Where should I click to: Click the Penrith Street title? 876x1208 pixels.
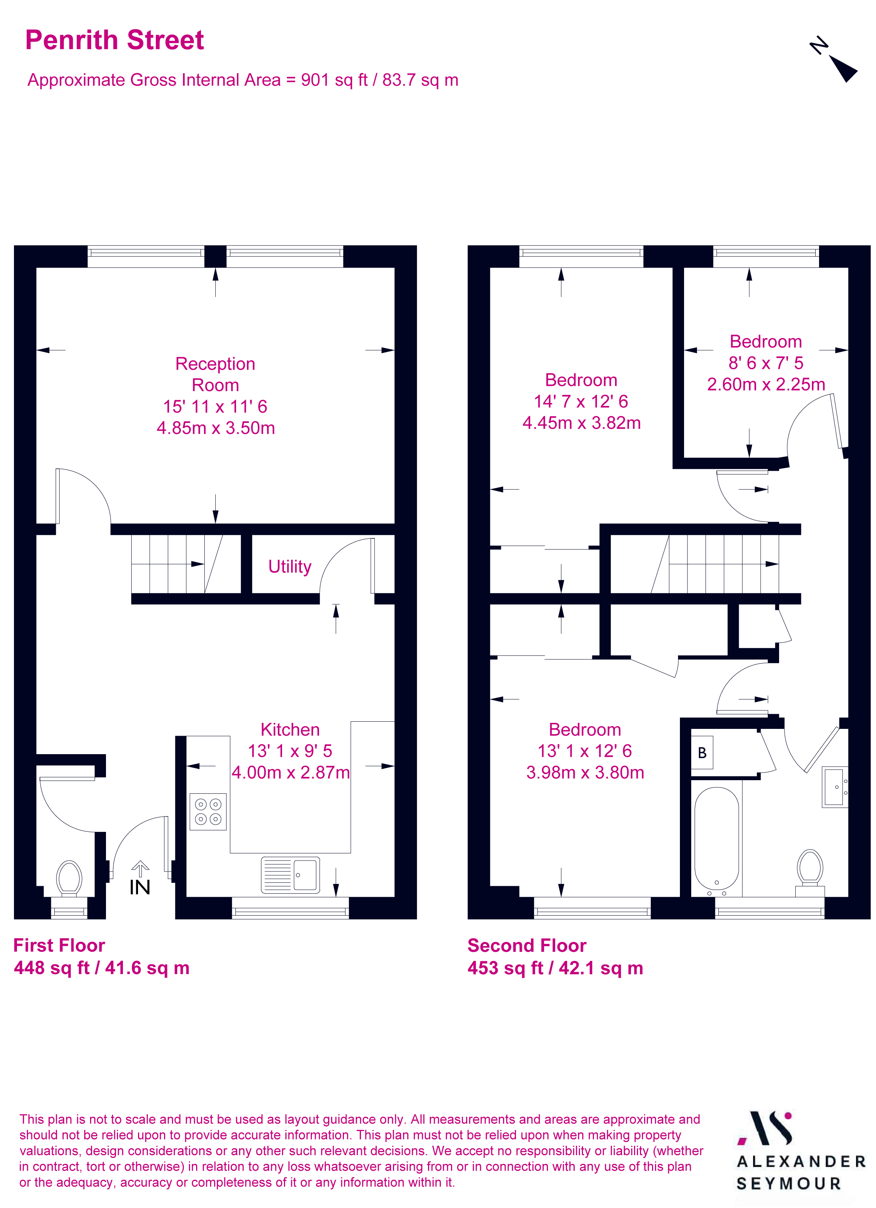point(115,40)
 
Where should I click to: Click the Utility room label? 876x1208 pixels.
point(289,566)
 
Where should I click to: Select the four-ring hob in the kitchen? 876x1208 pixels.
point(208,812)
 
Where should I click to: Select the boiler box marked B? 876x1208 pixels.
point(702,753)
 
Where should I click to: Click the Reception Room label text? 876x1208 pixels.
point(215,375)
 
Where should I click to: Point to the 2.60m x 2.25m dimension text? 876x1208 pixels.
point(766,384)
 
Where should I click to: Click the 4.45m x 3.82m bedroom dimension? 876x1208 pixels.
point(581,423)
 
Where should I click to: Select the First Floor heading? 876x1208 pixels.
point(59,945)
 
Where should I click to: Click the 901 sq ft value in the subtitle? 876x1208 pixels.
point(334,80)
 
